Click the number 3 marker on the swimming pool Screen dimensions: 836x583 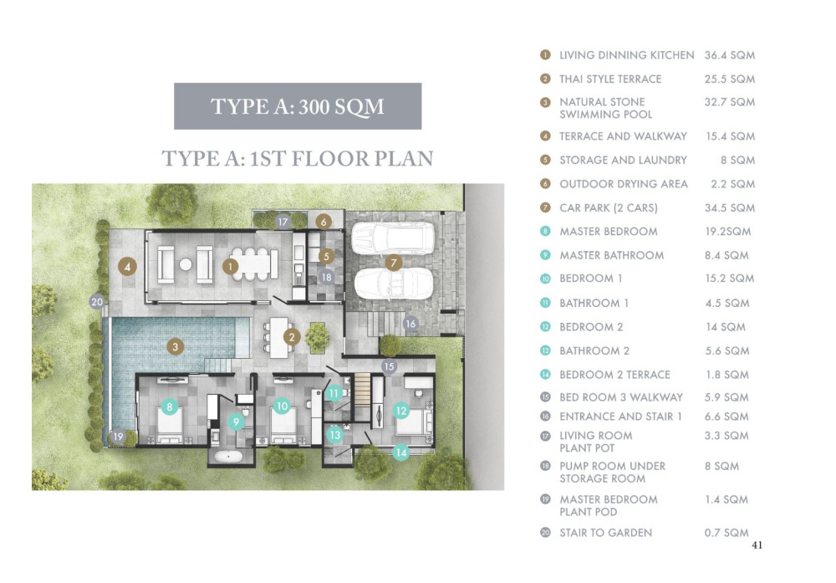(175, 347)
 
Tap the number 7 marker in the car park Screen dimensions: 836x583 (394, 263)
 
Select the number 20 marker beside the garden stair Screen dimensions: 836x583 (96, 302)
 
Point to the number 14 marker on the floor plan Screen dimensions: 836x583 (401, 453)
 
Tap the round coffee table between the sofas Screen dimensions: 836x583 (185, 264)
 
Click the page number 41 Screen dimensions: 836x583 (757, 545)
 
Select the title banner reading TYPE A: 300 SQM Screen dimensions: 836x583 (298, 106)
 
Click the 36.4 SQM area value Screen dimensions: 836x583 (729, 55)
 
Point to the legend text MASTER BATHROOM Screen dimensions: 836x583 (612, 255)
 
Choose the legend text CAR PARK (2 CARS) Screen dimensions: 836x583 (609, 207)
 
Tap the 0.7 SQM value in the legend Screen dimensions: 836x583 (726, 532)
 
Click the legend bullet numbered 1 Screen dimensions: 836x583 (545, 55)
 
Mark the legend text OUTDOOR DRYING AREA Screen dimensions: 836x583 (624, 184)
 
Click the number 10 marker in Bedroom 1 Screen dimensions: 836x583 (282, 407)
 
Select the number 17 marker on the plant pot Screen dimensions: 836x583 (283, 222)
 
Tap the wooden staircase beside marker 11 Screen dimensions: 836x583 (363, 390)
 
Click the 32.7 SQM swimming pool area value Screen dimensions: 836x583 (729, 102)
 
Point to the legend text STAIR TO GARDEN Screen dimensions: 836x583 (605, 532)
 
